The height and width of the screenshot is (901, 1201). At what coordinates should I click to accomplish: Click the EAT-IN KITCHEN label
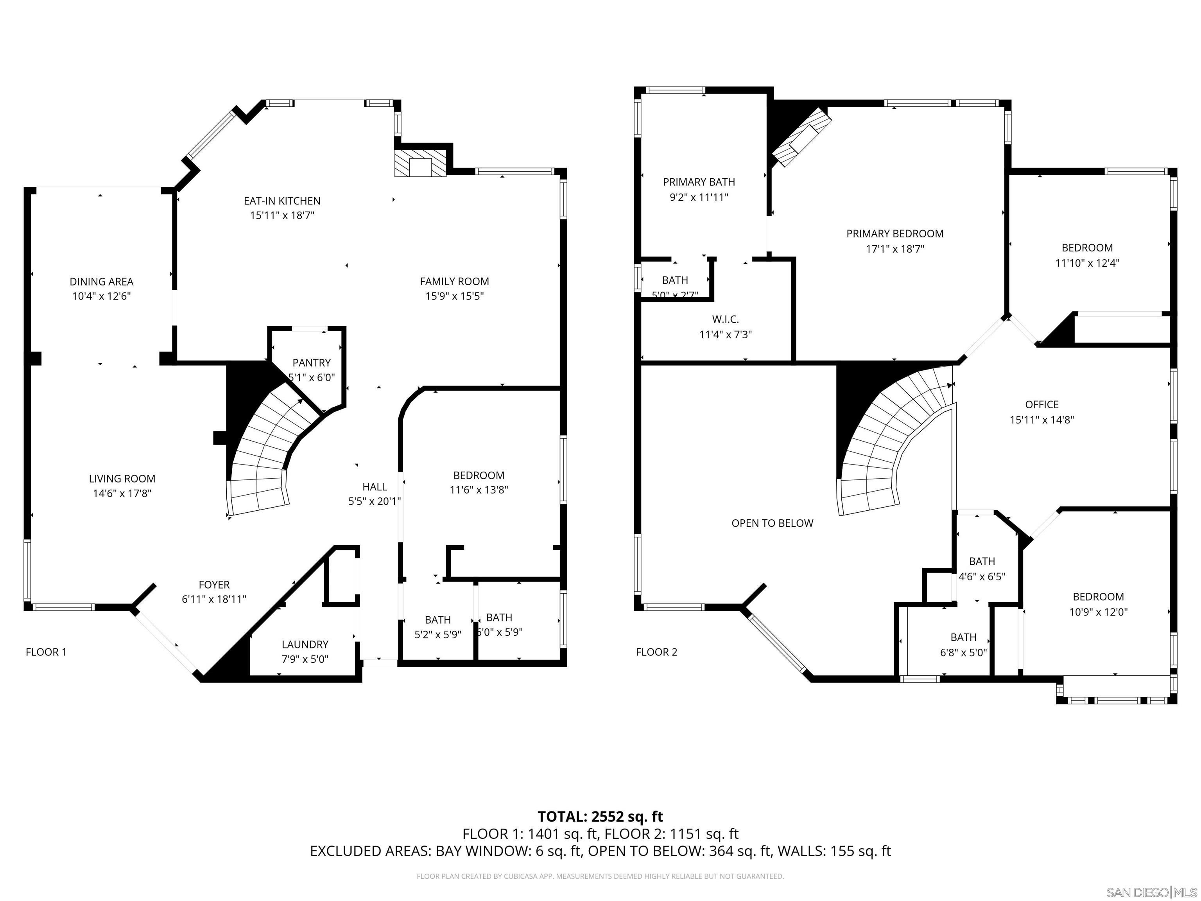(282, 201)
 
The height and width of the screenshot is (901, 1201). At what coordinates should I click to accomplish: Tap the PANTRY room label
(311, 363)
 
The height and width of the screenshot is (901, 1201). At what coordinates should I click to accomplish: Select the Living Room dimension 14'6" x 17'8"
(122, 494)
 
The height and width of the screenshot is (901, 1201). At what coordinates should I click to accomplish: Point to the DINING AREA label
(102, 281)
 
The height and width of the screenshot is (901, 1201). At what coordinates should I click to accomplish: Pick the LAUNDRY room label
(305, 644)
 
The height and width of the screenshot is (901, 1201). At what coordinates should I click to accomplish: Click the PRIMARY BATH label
(699, 182)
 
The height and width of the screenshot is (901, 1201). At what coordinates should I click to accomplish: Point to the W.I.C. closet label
(725, 319)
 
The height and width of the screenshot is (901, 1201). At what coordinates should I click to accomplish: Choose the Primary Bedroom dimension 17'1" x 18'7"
(895, 249)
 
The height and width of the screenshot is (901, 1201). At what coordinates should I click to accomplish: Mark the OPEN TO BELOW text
(772, 523)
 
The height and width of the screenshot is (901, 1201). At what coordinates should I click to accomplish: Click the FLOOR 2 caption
(656, 652)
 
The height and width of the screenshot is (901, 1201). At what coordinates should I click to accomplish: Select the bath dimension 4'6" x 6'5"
(982, 576)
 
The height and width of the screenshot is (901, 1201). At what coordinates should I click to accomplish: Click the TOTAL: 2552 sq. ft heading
(600, 816)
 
